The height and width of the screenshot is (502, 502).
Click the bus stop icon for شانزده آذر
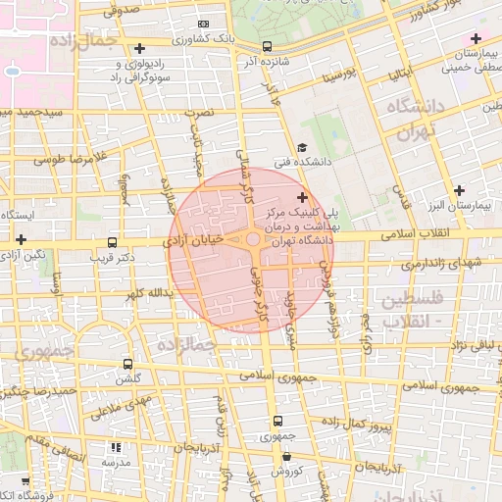[267, 46]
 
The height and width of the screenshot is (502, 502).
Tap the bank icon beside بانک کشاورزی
[203, 24]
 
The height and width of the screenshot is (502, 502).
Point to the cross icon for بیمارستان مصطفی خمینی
[476, 38]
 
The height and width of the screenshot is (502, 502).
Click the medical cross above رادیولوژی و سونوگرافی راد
[139, 47]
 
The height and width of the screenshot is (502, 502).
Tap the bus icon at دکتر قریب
[111, 242]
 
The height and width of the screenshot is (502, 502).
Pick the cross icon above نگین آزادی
[21, 238]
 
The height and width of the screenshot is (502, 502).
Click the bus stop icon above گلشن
[125, 363]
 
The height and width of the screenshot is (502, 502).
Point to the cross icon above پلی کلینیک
[301, 197]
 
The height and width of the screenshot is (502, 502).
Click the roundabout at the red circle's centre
[253, 239]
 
